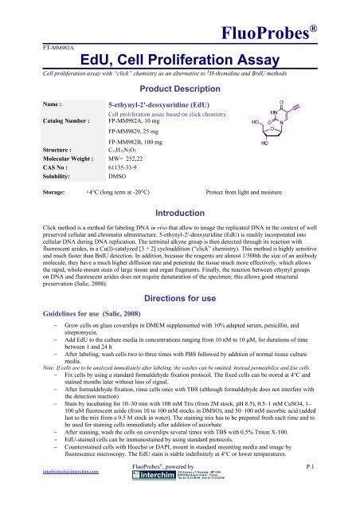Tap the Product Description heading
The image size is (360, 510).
pos(183,88)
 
